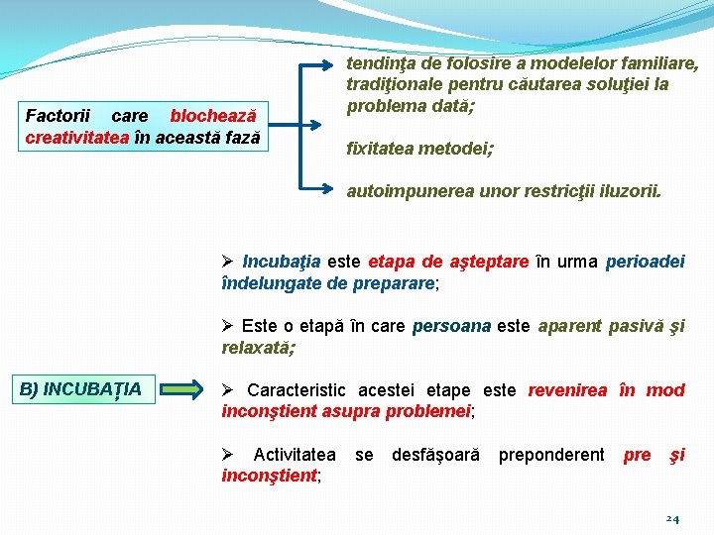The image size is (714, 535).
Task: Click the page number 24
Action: tap(671, 518)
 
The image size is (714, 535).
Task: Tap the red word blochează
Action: tap(213, 117)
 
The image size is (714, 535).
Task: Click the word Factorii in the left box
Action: tap(57, 117)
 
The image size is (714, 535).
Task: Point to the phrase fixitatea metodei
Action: tap(419, 149)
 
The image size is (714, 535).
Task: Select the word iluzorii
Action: tap(626, 191)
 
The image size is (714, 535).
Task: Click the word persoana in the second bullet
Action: tap(451, 326)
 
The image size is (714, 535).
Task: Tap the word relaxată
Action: tap(258, 347)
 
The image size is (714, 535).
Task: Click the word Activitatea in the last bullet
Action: tap(295, 455)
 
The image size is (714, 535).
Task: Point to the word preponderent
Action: tap(550, 455)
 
